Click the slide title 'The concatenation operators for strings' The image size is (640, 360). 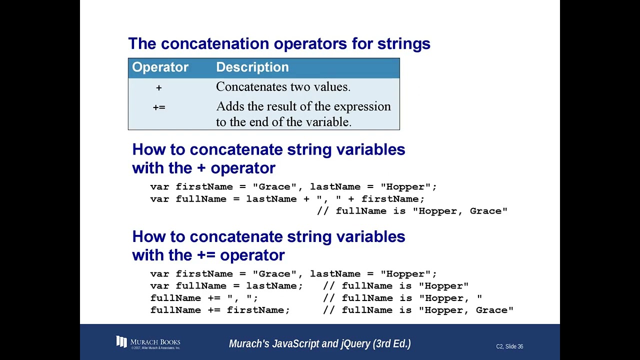pos(279,43)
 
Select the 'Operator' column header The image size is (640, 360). pos(160,67)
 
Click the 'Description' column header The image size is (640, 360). pos(252,67)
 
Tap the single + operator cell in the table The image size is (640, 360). pos(158,87)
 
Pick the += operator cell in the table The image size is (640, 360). pos(158,107)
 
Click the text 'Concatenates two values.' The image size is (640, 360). pos(283,87)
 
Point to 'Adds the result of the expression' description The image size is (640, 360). pos(303,106)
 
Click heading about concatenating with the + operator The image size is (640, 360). pos(268,158)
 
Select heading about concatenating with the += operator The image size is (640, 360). pos(268,245)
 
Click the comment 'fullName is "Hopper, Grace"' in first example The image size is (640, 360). pos(412,211)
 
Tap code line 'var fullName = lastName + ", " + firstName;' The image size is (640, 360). pos(287,199)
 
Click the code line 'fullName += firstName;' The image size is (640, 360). pos(220,310)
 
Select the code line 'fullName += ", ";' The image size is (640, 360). pos(204,298)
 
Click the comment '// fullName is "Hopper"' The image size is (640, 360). pos(395,286)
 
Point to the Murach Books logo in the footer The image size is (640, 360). pos(148,343)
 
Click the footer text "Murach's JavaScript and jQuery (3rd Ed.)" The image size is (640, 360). pos(319,344)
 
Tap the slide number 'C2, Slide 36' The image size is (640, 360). pos(509,346)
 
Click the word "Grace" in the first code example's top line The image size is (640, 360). pos(274,187)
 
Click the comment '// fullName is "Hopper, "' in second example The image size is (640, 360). pos(402,298)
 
